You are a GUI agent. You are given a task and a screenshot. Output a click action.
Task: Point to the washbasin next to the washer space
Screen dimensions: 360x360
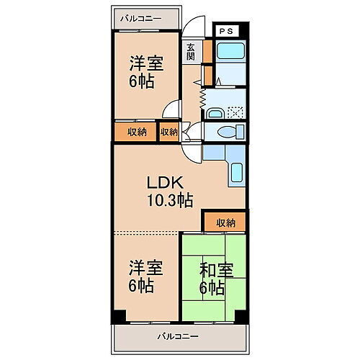coord(215,112)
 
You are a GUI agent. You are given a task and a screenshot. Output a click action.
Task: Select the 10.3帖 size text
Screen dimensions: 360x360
coord(169,201)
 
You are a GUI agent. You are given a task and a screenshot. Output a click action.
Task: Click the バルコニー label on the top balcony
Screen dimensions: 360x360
coord(141,16)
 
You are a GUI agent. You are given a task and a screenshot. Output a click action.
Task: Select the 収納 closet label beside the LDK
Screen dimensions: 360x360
coord(225,222)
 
